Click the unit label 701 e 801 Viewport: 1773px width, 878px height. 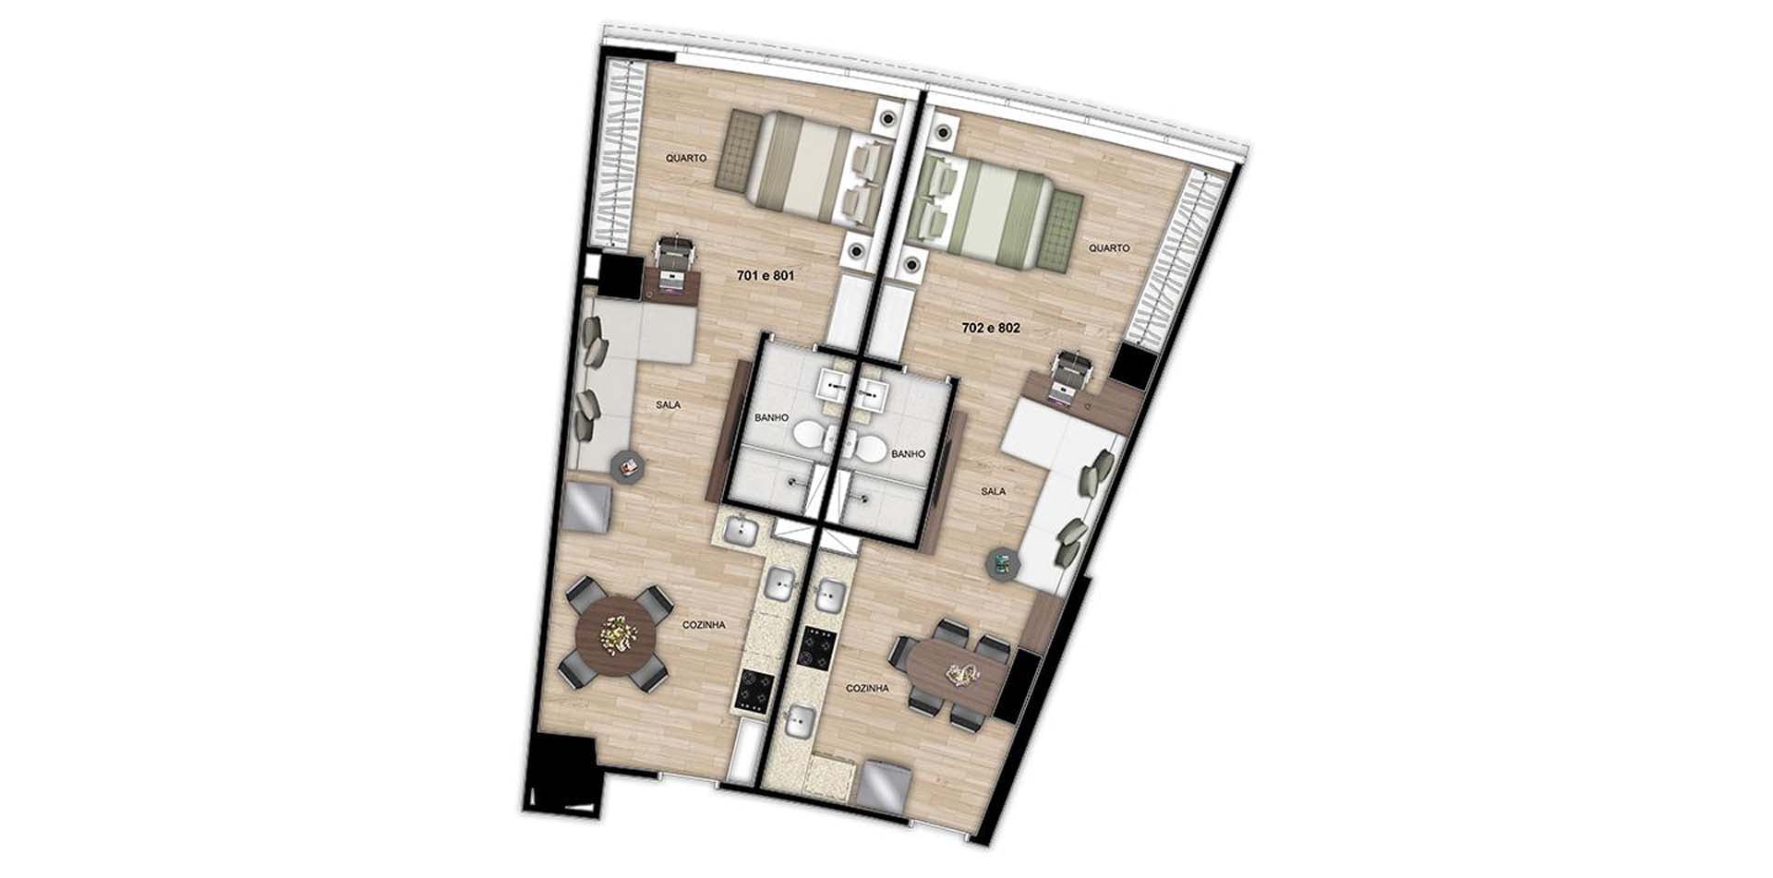coord(766,275)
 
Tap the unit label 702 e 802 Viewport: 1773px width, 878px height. coord(991,327)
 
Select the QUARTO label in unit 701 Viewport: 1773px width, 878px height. coord(686,158)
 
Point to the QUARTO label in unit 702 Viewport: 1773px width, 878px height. coord(1109,248)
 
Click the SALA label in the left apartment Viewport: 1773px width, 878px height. coord(668,404)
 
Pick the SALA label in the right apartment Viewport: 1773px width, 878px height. coord(994,491)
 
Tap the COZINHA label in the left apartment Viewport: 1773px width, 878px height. coord(704,625)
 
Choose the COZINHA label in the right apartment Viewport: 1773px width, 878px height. coord(868,689)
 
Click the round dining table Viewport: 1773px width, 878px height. coord(616,634)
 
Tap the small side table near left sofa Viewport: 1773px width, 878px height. coord(628,467)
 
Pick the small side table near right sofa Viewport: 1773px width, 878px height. coord(1003,565)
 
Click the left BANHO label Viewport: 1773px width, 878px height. coord(772,417)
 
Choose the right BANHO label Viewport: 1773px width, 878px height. coord(908,454)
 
